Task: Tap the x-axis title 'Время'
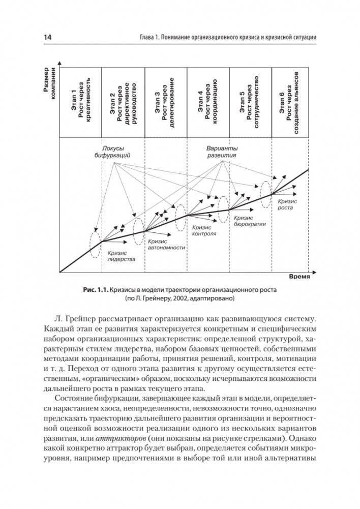pyautogui.click(x=300, y=278)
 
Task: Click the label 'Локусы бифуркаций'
pyautogui.click(x=113, y=152)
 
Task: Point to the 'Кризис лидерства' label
pyautogui.click(x=121, y=256)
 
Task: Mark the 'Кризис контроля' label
pyautogui.click(x=204, y=231)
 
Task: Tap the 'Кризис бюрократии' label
pyautogui.click(x=250, y=220)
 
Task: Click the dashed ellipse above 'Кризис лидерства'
pyautogui.click(x=95, y=244)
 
